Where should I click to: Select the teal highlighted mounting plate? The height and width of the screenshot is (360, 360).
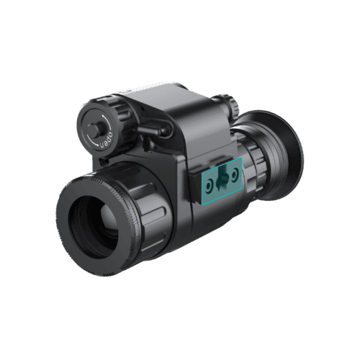click(x=222, y=181)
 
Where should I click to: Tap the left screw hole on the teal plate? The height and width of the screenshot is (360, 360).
click(x=210, y=186)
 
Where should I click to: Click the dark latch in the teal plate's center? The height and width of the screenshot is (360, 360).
click(x=221, y=179)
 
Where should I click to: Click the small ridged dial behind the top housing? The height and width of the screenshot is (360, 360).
click(x=229, y=104)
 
